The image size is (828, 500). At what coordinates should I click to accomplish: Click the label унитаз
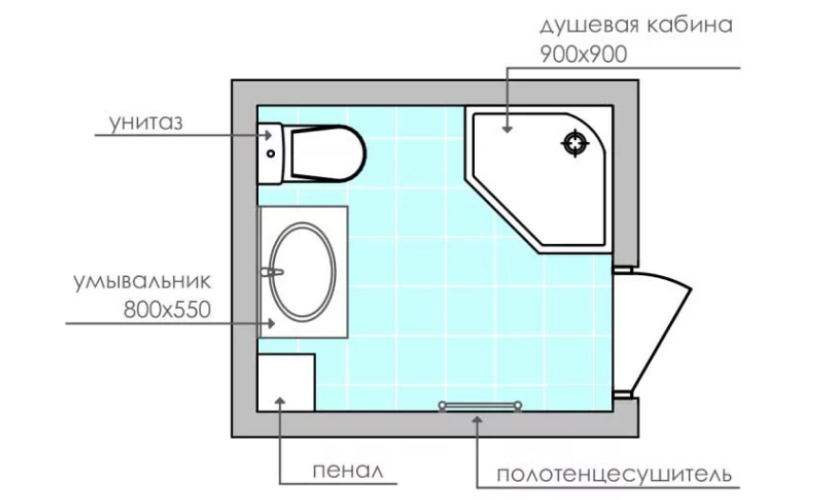[x=146, y=122]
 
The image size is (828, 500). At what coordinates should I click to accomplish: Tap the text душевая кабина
[x=637, y=26]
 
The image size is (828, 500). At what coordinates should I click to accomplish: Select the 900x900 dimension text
[x=583, y=54]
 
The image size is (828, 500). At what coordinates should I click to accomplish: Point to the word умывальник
[x=142, y=281]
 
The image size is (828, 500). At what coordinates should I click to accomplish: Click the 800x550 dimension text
[x=167, y=310]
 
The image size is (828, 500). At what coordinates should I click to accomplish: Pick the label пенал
[x=347, y=470]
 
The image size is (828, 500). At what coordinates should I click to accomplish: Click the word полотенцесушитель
[x=614, y=474]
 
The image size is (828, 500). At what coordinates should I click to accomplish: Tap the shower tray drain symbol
[x=575, y=143]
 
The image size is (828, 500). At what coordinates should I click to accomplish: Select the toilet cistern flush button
[x=271, y=153]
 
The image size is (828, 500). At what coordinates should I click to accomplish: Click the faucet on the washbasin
[x=271, y=272]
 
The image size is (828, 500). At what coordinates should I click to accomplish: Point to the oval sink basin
[x=302, y=271]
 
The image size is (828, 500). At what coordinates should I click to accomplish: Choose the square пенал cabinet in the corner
[x=286, y=383]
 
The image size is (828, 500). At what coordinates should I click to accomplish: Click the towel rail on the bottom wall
[x=480, y=406]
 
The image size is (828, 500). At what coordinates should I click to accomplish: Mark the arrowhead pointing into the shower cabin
[x=507, y=129]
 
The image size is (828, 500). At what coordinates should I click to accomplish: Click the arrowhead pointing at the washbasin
[x=271, y=323]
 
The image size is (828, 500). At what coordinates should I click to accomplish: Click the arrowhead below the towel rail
[x=477, y=420]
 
